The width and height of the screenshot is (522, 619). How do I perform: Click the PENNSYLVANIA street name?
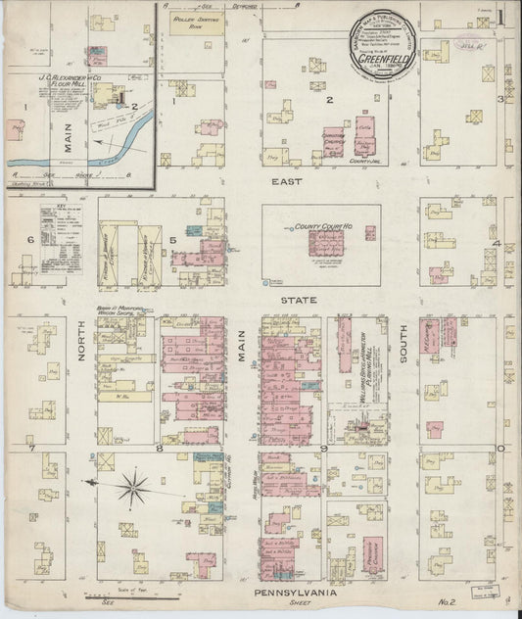(x=295, y=593)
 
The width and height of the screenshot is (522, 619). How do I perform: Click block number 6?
(x=30, y=240)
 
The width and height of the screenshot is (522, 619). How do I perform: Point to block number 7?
(x=31, y=448)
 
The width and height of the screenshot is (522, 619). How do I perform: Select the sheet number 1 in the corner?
(x=500, y=17)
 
